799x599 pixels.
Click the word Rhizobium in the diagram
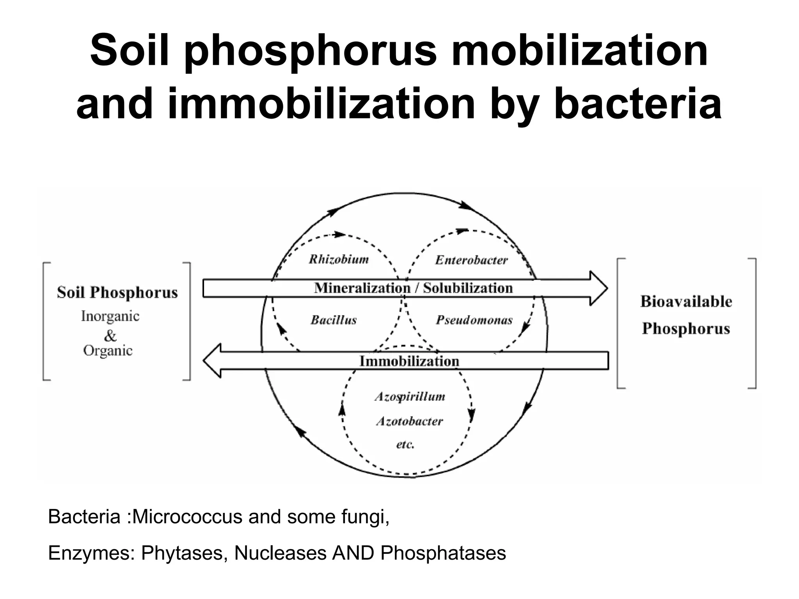pyautogui.click(x=339, y=259)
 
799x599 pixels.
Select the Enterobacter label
pyautogui.click(x=471, y=260)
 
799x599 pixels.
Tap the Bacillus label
pyautogui.click(x=334, y=320)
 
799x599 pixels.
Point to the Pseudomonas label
pyautogui.click(x=474, y=320)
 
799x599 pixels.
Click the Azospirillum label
pyautogui.click(x=410, y=397)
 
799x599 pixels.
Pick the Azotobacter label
pyautogui.click(x=409, y=421)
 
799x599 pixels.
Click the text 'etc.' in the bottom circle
pyautogui.click(x=405, y=444)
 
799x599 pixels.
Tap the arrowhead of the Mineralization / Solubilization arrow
pyautogui.click(x=599, y=289)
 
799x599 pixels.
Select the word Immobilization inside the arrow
pyautogui.click(x=409, y=361)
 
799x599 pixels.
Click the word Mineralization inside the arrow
pyautogui.click(x=362, y=288)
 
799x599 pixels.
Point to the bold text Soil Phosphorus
pyautogui.click(x=117, y=292)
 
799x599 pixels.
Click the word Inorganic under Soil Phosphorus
pyautogui.click(x=110, y=316)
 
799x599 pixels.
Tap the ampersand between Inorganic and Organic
pyautogui.click(x=110, y=335)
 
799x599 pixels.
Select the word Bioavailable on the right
pyautogui.click(x=686, y=301)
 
